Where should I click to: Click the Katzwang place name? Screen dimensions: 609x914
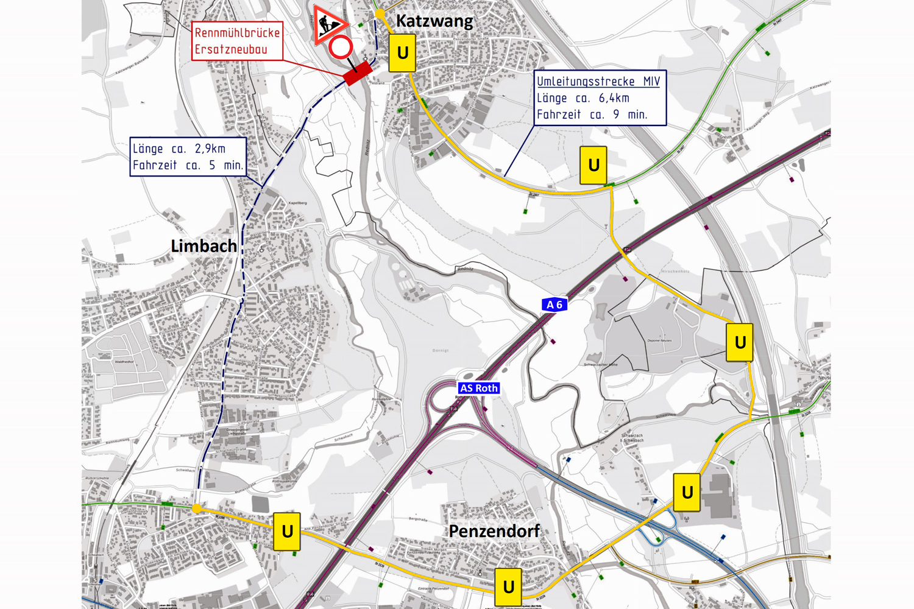coord(434,21)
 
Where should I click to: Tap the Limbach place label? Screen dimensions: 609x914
coord(204,246)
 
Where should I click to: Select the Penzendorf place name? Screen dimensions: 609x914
coord(494,531)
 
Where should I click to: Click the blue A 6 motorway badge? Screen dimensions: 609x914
coord(554,304)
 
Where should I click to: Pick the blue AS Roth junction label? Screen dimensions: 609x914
coord(479,388)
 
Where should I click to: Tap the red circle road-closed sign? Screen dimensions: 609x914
coord(341,47)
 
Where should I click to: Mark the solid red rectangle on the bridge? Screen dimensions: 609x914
coord(358,73)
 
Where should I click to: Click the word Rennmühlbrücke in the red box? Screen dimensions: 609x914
coord(237,33)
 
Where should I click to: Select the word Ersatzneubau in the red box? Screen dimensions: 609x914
coord(231,49)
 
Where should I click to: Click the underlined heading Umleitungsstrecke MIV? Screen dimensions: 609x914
coord(598,82)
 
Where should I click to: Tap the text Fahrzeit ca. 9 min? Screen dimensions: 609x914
coord(592,114)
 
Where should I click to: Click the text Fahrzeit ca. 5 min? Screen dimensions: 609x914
coord(188,165)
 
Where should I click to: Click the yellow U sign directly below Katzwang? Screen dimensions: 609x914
coord(402,54)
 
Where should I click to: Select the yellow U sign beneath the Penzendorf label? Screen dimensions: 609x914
coord(508,586)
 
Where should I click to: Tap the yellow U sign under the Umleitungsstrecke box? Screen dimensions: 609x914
coord(593,165)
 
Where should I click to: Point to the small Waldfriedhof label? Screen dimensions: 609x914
coord(124,362)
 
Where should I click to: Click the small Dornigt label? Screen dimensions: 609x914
coord(440,350)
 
